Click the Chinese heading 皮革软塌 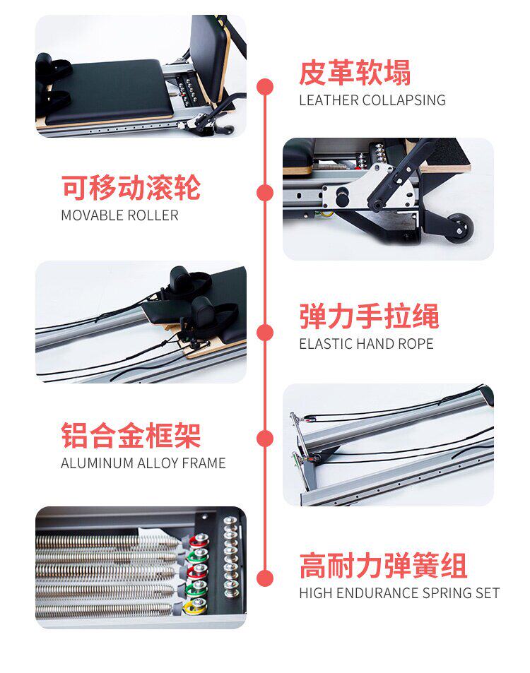pos(355,73)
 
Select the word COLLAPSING pos(404,100)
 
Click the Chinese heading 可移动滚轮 pos(131,187)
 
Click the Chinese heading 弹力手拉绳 pos(369,316)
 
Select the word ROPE pos(415,344)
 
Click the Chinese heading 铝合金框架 pos(131,435)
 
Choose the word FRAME pos(204,463)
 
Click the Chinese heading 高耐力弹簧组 pos(383,565)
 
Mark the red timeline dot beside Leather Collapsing pos(265,87)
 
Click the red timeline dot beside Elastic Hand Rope pos(265,333)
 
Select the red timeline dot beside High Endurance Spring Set pos(265,578)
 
